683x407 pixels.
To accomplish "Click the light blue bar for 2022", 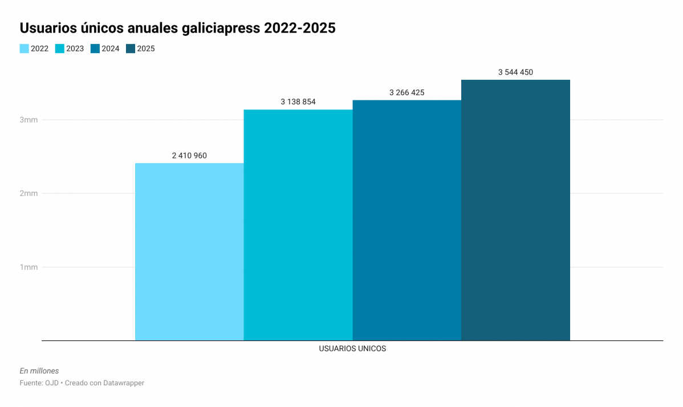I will (189, 251).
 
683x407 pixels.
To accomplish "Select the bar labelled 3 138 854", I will (298, 225).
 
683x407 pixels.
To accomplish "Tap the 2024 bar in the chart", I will (406, 220).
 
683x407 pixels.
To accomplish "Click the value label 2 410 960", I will (189, 155).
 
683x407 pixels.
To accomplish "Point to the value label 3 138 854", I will (298, 101).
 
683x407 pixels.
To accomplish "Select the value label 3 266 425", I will (406, 92).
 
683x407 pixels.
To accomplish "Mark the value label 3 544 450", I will (515, 72).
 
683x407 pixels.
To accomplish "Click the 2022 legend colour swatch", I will (24, 48).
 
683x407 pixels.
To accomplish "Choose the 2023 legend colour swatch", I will (59, 48).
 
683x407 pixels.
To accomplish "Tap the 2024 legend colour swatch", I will (95, 48).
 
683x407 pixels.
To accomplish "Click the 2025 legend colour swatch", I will (131, 48).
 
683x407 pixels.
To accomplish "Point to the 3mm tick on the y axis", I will (29, 120).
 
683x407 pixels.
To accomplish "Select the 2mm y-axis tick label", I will (29, 193).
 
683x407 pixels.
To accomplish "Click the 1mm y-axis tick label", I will (29, 267).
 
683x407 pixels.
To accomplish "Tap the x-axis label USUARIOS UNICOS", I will (352, 348).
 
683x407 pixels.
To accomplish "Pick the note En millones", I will (39, 371).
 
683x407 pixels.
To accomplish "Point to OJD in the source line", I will (52, 383).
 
